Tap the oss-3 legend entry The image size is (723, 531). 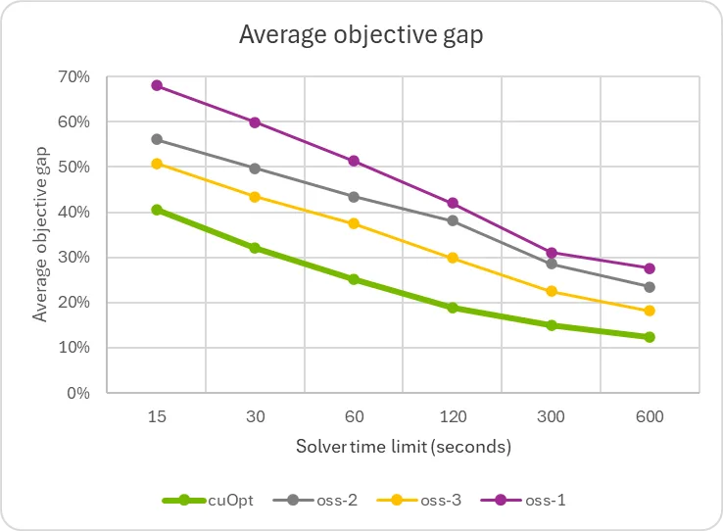click(x=422, y=501)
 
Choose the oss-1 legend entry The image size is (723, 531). click(x=524, y=501)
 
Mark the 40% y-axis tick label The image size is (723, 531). click(x=76, y=213)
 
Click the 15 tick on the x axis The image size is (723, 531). click(x=157, y=416)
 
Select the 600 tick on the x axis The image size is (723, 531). click(x=650, y=416)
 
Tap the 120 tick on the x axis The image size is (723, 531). click(x=453, y=416)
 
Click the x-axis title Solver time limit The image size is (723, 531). click(x=404, y=447)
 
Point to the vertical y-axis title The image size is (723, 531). click(x=40, y=235)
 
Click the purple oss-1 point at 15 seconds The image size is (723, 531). click(x=157, y=85)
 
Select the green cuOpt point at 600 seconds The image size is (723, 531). click(x=650, y=337)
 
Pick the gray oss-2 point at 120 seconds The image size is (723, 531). click(x=453, y=220)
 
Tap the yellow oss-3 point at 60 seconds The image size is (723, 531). click(x=354, y=223)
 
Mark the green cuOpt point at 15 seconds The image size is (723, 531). click(x=157, y=210)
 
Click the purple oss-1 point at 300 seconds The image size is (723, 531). click(x=552, y=253)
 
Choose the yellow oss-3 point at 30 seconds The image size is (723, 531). click(x=255, y=197)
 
